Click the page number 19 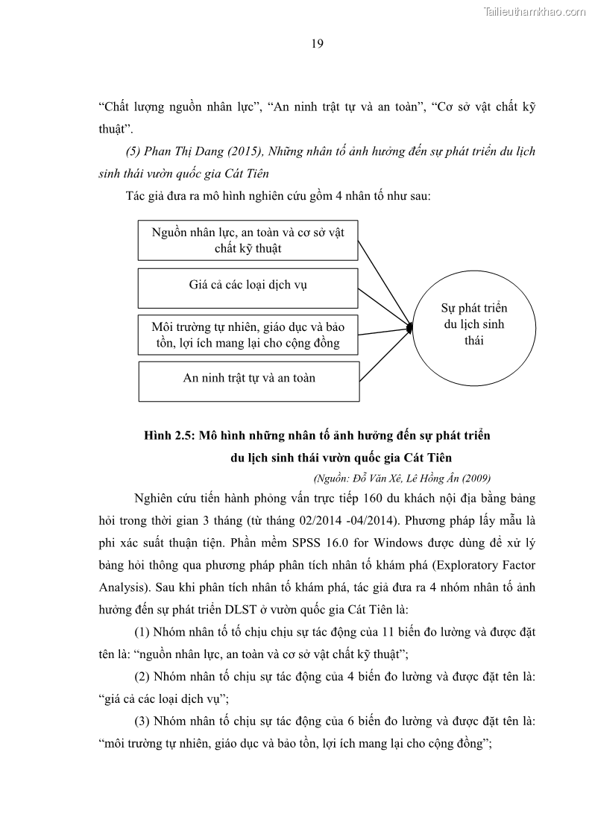point(316,44)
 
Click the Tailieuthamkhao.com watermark point(535,11)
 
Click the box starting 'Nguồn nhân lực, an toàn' point(248,240)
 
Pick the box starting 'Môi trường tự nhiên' point(248,335)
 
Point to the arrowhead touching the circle point(409,326)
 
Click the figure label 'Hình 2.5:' point(169,435)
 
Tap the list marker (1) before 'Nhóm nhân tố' point(142,632)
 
